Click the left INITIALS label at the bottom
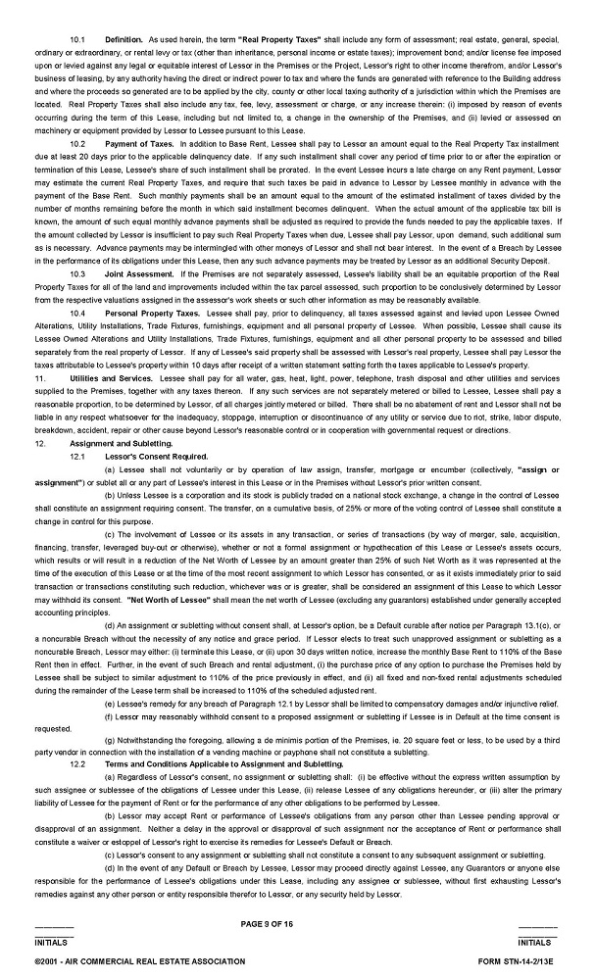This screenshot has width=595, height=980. click(x=53, y=942)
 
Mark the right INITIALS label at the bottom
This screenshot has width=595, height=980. click(x=538, y=942)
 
